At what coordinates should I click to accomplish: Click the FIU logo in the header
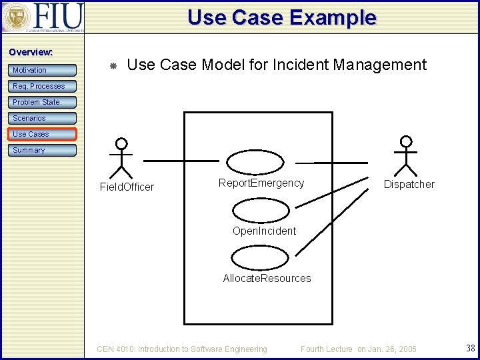click(x=43, y=17)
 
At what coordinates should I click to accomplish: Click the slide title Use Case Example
click(x=281, y=17)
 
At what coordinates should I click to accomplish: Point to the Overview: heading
click(x=31, y=52)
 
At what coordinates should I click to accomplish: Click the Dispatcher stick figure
click(x=405, y=156)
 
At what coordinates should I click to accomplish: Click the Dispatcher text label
click(x=409, y=185)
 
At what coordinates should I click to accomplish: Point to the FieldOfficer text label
click(x=127, y=187)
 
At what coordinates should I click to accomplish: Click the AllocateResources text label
click(x=267, y=278)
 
